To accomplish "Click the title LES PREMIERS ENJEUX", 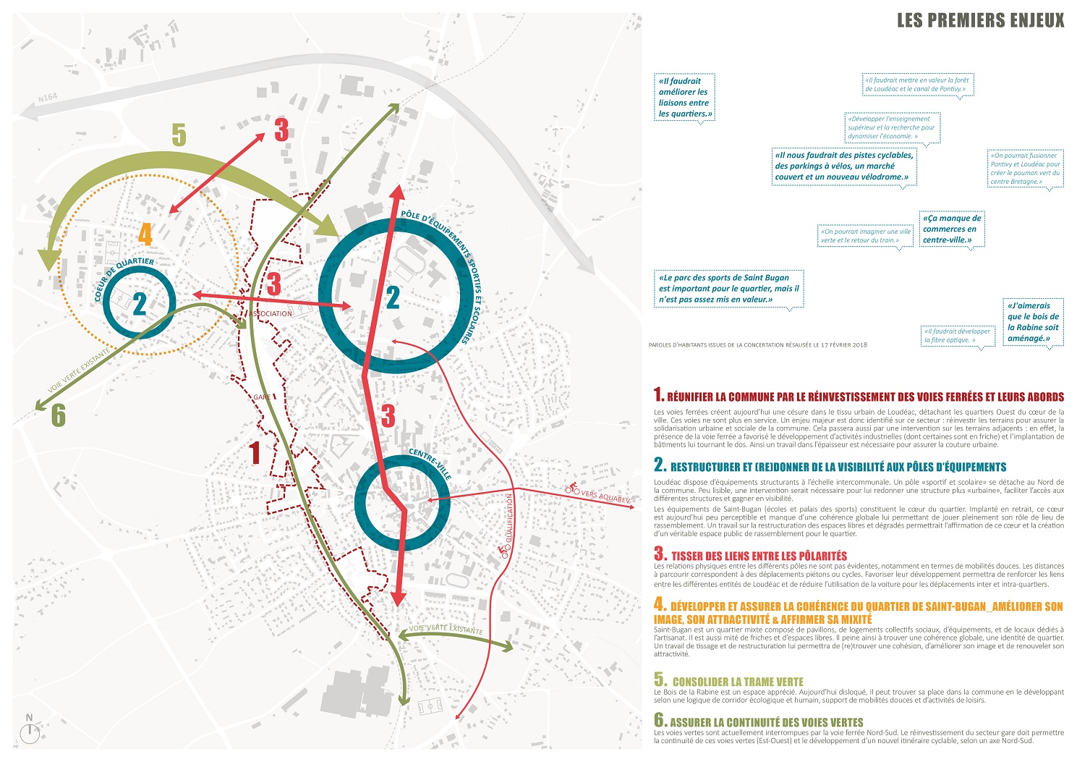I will (x=980, y=20).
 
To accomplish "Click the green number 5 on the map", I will (x=179, y=135).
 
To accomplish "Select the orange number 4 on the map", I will (x=145, y=234).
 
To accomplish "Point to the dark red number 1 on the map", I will (x=254, y=453).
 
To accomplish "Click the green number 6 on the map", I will (x=59, y=415).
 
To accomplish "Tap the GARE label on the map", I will (x=261, y=397).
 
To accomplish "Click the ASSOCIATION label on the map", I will (x=271, y=313).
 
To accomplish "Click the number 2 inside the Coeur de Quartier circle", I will (x=140, y=303).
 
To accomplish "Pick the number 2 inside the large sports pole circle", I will (x=393, y=297).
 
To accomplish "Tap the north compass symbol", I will (x=30, y=731).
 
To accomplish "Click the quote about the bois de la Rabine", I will (x=1033, y=322).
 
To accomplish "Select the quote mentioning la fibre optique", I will (x=957, y=336).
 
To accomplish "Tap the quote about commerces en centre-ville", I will (x=952, y=229).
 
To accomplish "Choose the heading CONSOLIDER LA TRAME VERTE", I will (x=738, y=682).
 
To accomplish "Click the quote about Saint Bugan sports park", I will (x=728, y=288).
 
